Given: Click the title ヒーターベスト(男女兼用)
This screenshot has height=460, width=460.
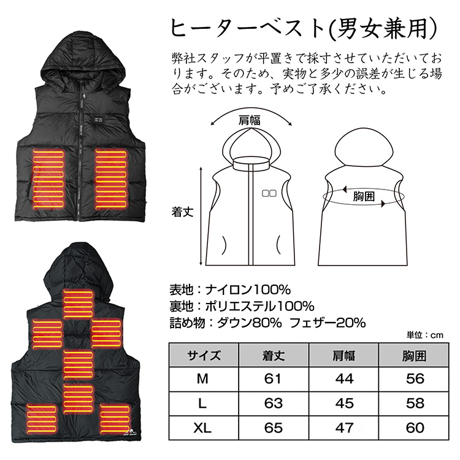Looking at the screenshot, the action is (x=304, y=29).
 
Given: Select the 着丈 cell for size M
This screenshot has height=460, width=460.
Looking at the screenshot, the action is (x=273, y=379).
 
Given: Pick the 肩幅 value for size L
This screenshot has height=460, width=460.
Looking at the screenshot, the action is (x=344, y=404).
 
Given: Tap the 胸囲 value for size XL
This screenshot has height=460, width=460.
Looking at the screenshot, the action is (x=415, y=427).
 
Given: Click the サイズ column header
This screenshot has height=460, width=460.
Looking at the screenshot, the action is (x=204, y=356).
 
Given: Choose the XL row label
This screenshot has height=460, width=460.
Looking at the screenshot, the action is (x=202, y=427).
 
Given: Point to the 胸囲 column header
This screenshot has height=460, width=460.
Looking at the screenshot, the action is (x=414, y=356).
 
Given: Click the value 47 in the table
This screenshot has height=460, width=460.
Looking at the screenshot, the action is (x=344, y=427).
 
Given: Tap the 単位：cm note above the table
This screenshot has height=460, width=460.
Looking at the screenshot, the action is (x=424, y=335).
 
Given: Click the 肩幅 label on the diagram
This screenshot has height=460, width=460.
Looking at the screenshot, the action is (x=250, y=121).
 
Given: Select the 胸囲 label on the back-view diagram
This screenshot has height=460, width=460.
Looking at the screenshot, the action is (x=364, y=196).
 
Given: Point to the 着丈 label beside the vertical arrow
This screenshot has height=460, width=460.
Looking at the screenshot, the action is (x=183, y=212).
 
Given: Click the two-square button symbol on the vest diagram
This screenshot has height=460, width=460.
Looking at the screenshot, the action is (x=269, y=193).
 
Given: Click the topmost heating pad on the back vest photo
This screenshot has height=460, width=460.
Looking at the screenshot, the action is (x=79, y=304).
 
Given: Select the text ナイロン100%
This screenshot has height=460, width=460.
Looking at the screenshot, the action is (x=248, y=290).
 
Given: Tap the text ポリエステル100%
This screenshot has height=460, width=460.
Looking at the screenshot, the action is (x=259, y=306).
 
